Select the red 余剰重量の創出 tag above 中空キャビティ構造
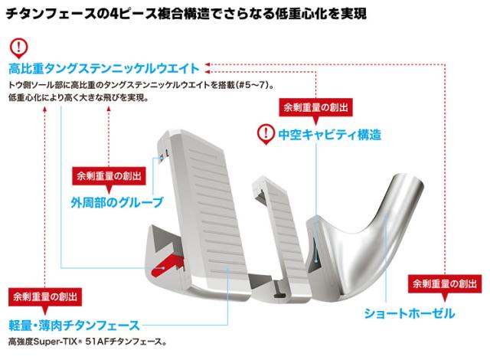coord(313,107)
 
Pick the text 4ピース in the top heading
coord(149,14)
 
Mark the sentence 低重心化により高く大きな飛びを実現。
coord(78,100)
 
